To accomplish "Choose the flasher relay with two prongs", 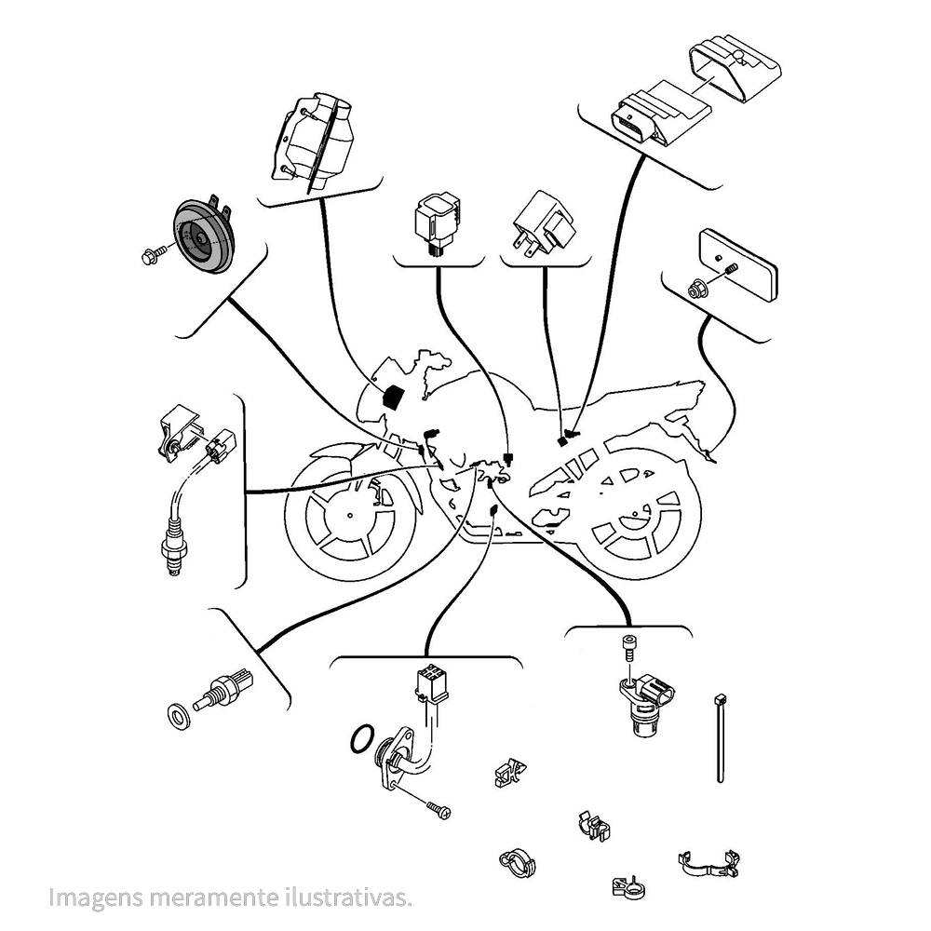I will (544, 226).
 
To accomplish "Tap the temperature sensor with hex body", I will (223, 690).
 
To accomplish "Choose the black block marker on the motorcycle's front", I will (393, 396).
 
